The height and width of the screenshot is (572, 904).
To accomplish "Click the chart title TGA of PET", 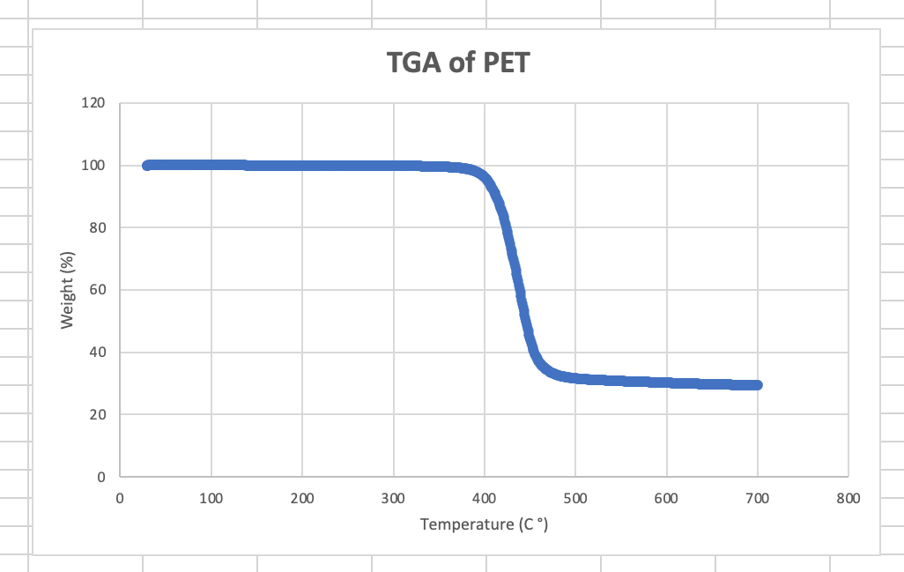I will (x=458, y=63).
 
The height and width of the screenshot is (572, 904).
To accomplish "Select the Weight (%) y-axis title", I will (x=67, y=290).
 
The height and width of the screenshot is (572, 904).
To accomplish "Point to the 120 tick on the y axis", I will (x=94, y=103).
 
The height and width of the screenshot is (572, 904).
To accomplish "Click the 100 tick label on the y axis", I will (x=94, y=166).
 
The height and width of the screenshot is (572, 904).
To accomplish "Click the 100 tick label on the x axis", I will (x=211, y=498).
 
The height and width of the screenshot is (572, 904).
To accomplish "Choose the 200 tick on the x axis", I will (x=302, y=498).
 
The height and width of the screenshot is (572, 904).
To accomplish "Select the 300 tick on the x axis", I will (x=393, y=498).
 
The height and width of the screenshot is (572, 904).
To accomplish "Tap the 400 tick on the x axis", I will (x=484, y=498).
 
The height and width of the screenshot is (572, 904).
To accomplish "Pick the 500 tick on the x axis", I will (x=575, y=498).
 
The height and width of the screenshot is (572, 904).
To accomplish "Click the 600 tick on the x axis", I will (x=666, y=498).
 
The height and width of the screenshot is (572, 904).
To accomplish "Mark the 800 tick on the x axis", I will (x=848, y=498).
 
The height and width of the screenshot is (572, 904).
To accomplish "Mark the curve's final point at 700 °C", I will (x=757, y=385).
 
